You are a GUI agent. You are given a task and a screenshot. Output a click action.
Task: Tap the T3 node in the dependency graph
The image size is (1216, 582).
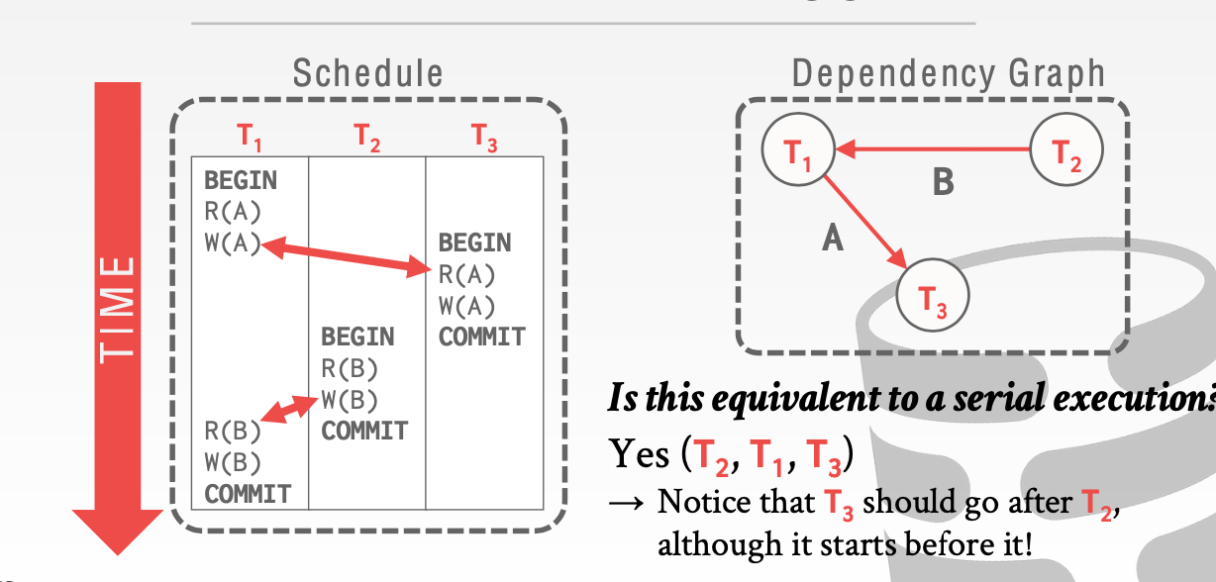pyautogui.click(x=933, y=295)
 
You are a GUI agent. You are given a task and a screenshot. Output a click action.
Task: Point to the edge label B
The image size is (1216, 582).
pyautogui.click(x=943, y=182)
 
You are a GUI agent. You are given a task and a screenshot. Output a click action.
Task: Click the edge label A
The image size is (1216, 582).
pyautogui.click(x=833, y=238)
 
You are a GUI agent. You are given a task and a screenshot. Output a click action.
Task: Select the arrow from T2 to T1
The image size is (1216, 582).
pyautogui.click(x=936, y=150)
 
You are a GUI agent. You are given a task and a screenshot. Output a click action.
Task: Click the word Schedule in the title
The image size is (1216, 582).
pyautogui.click(x=367, y=73)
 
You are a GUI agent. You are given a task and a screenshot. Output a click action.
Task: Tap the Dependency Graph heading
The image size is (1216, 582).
pyautogui.click(x=948, y=73)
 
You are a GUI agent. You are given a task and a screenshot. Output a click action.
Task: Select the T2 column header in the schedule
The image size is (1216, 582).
pyautogui.click(x=367, y=139)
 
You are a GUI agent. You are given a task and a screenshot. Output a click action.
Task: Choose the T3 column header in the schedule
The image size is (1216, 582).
pyautogui.click(x=484, y=139)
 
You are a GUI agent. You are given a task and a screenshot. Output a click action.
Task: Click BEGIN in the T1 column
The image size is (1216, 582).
pyautogui.click(x=241, y=181)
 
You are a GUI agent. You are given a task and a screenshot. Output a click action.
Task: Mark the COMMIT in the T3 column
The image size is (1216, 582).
pyautogui.click(x=481, y=337)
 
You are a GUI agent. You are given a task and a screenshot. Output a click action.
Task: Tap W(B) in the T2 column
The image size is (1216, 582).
pyautogui.click(x=350, y=400)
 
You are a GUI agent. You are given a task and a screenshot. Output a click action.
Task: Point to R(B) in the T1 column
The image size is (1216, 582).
pyautogui.click(x=233, y=431)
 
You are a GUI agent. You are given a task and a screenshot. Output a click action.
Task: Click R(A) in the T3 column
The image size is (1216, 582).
pyautogui.click(x=466, y=274)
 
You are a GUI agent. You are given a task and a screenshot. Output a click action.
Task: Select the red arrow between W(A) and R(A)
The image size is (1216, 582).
pyautogui.click(x=347, y=255)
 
